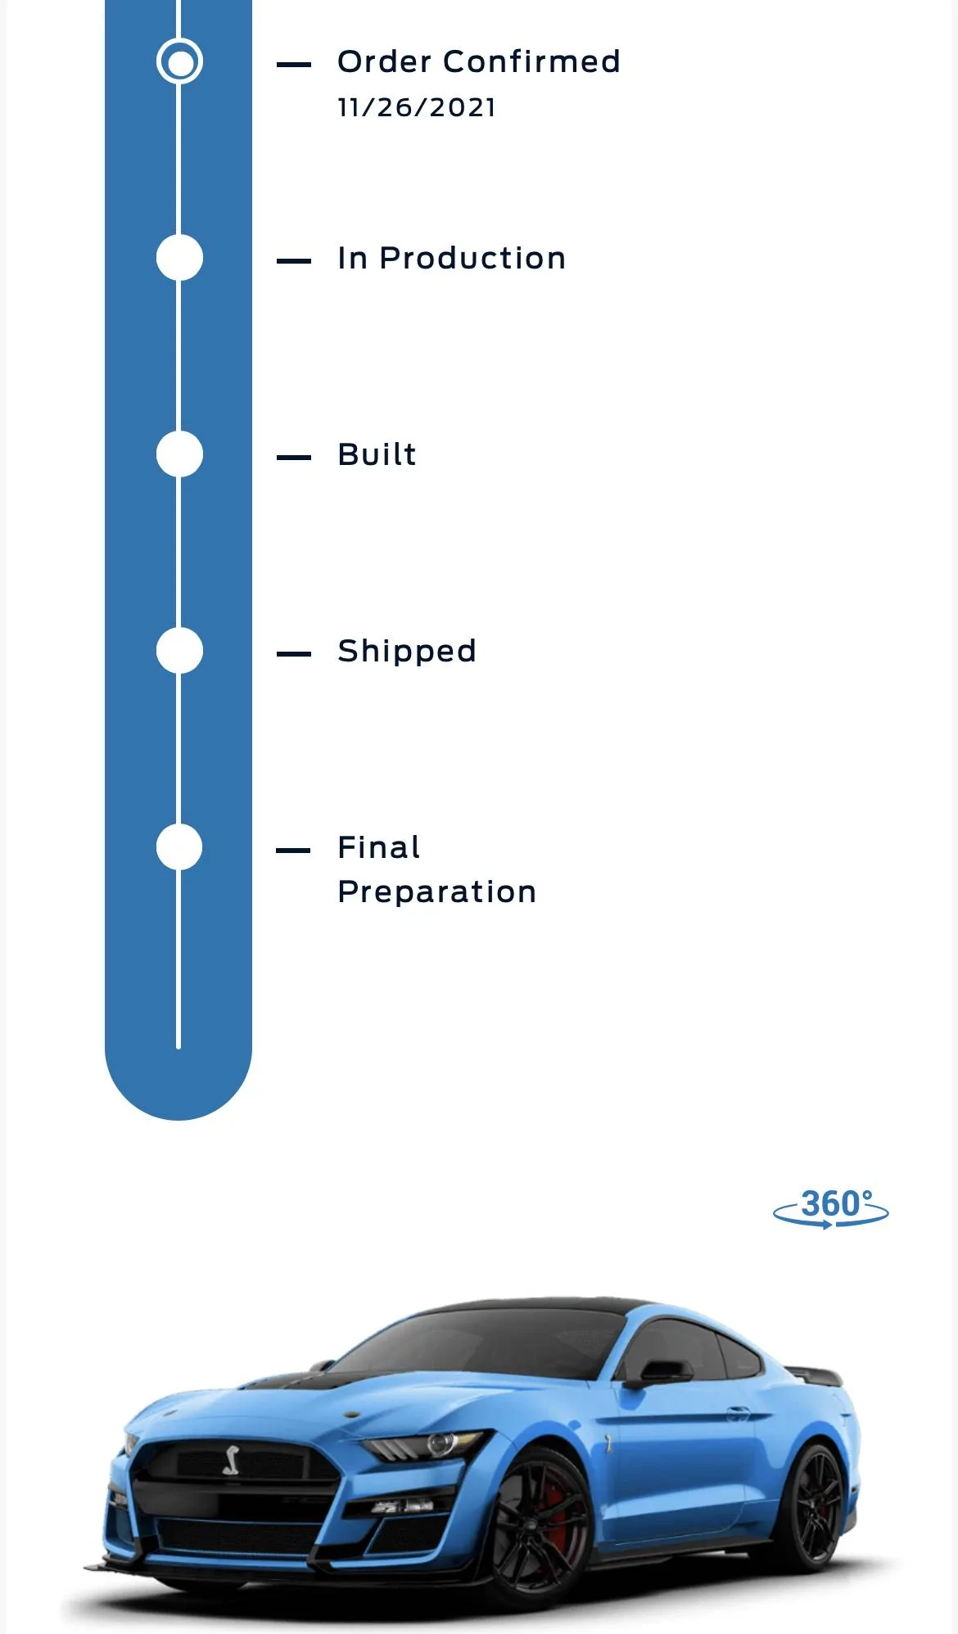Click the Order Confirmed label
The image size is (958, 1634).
pyautogui.click(x=479, y=61)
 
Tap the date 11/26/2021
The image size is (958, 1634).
pyautogui.click(x=417, y=107)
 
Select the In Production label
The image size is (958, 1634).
pyautogui.click(x=451, y=258)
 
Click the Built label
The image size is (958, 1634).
pyautogui.click(x=377, y=454)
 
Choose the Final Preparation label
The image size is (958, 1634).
pyautogui.click(x=436, y=869)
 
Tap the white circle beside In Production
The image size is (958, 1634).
pyautogui.click(x=179, y=258)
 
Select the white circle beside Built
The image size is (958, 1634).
pyautogui.click(x=179, y=454)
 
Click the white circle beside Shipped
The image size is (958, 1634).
pyautogui.click(x=179, y=651)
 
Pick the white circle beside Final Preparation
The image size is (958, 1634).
pyautogui.click(x=179, y=847)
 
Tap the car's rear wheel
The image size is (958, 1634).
pyautogui.click(x=813, y=1505)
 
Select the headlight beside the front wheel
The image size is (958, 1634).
pyautogui.click(x=426, y=1447)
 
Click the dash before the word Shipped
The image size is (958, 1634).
pyautogui.click(x=294, y=653)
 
